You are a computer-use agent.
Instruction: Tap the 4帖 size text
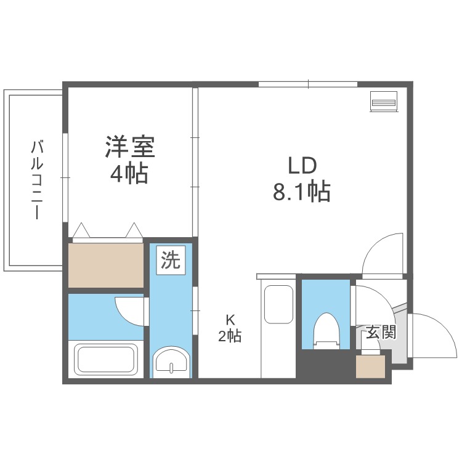pos(129,174)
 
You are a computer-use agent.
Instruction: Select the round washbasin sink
pos(170,362)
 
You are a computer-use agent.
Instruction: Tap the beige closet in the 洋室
pos(105,264)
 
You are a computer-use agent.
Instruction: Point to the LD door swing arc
pos(381,254)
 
